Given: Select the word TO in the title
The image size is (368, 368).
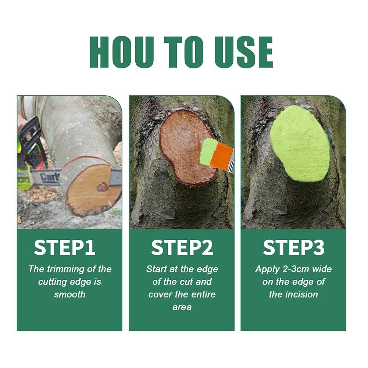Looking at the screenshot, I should tap(183, 52).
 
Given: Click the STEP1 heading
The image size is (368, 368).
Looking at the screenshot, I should tap(65, 248).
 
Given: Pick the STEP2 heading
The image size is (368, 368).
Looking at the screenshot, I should tap(182, 248).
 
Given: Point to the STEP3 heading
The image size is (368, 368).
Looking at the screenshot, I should tap(293, 248).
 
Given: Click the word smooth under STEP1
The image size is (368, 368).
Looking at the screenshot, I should tap(69, 294).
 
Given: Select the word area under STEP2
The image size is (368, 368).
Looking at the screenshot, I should tap(182, 307).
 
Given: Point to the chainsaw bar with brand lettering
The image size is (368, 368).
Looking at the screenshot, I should tap(48, 177).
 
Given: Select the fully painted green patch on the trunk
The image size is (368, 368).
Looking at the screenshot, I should tap(300, 143).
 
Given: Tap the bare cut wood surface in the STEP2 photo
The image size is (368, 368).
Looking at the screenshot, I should tap(180, 143).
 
